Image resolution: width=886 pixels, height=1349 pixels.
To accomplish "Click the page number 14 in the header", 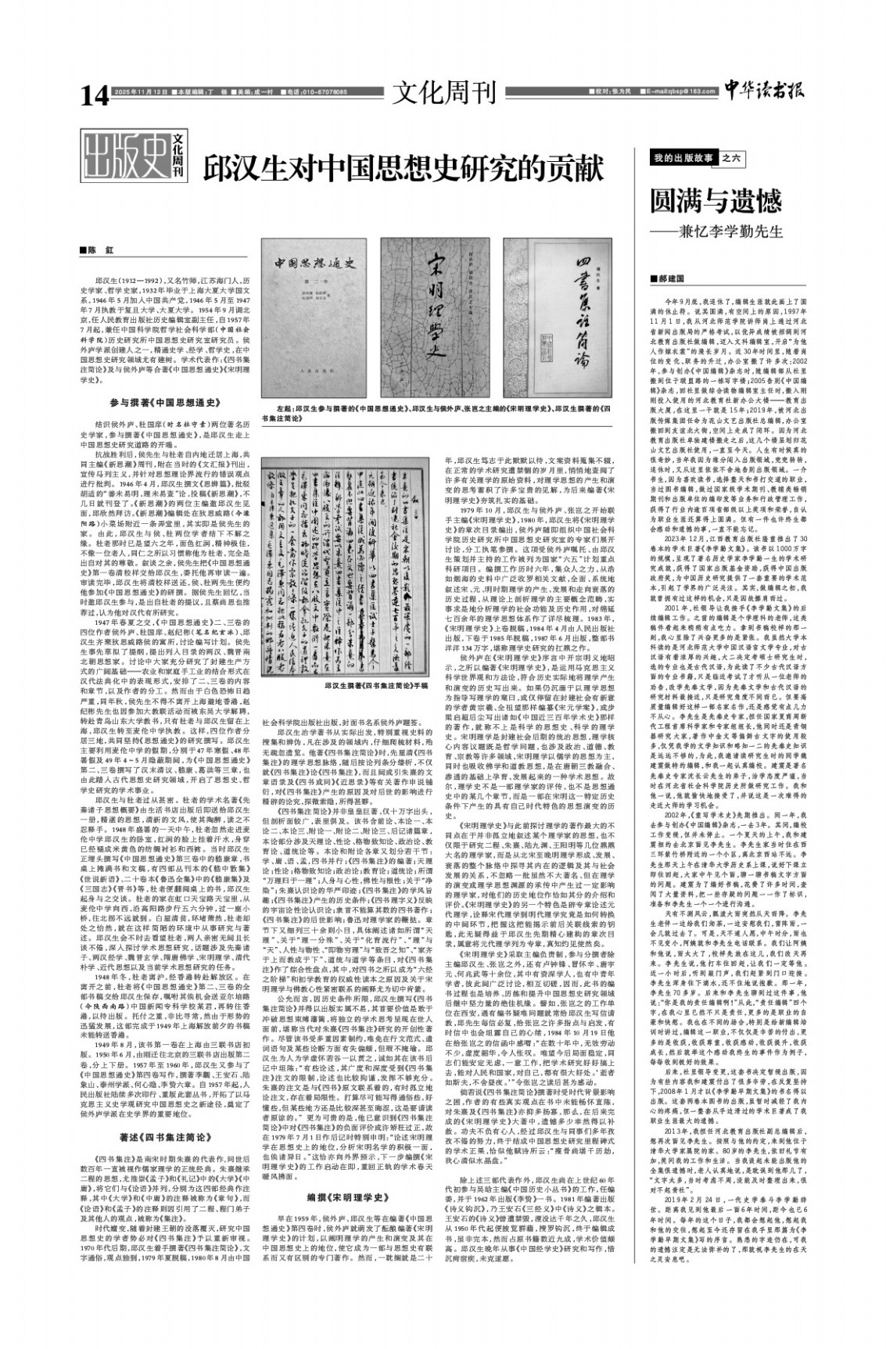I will click(x=95, y=95).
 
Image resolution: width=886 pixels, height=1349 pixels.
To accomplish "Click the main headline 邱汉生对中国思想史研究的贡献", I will click(x=405, y=167).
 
